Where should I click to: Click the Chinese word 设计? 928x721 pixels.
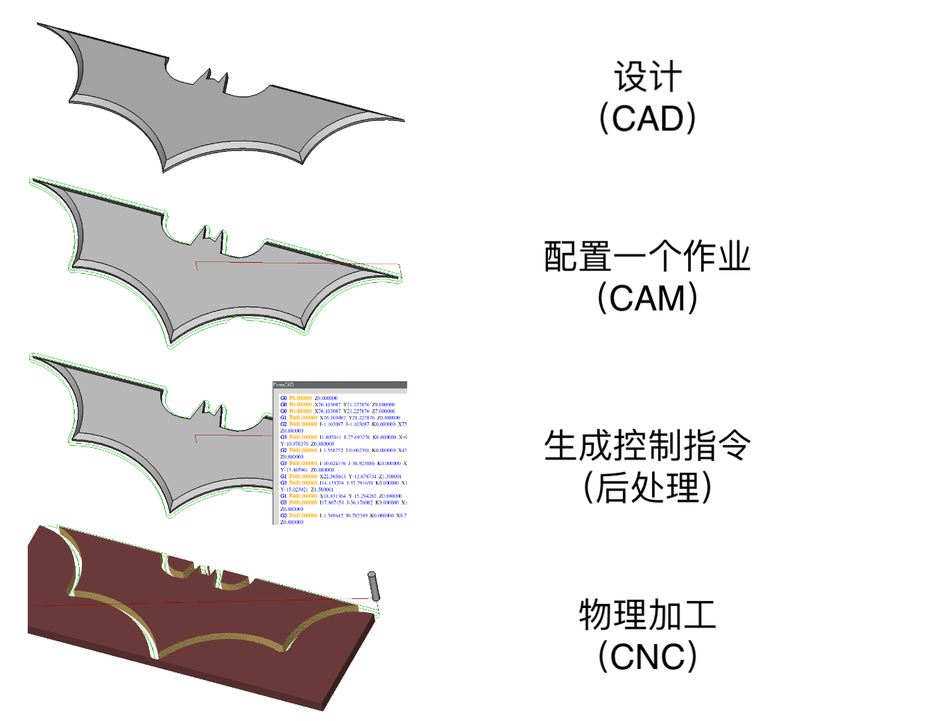click(x=647, y=77)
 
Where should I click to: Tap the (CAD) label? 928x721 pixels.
click(x=647, y=118)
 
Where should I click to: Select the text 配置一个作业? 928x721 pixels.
click(x=647, y=257)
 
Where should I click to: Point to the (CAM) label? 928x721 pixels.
click(x=647, y=298)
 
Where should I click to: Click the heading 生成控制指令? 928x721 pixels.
click(x=647, y=446)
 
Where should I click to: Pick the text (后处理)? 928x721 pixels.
click(x=647, y=487)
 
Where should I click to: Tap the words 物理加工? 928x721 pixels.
click(x=647, y=615)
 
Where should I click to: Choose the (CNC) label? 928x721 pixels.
click(x=647, y=656)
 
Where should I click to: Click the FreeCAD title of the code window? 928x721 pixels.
click(x=284, y=385)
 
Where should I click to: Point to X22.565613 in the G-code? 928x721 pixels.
click(x=333, y=476)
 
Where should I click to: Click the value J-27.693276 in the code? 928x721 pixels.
click(x=356, y=437)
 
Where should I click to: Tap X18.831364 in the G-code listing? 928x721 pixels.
click(x=333, y=496)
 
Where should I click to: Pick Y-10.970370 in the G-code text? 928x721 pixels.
click(x=294, y=444)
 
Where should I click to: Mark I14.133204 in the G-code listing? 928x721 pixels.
click(x=332, y=483)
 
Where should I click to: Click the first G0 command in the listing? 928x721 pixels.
click(x=283, y=398)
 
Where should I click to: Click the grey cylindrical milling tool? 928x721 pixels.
click(x=373, y=586)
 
